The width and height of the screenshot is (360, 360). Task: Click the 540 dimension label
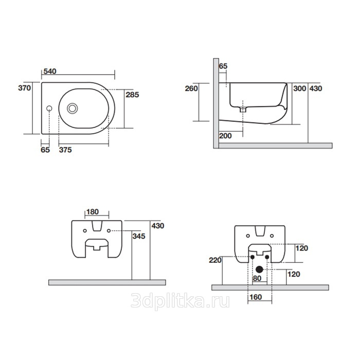[50, 71]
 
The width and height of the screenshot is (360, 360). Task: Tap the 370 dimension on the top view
[24, 88]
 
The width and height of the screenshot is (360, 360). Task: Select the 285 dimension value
[132, 95]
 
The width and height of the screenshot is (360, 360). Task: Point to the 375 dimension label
[65, 150]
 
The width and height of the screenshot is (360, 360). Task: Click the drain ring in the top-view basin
[73, 109]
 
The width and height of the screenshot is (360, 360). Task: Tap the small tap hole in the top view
[49, 109]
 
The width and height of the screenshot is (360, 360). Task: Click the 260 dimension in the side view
[191, 88]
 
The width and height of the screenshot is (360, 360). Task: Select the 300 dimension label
[300, 88]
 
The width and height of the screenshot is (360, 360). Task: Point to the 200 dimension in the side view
[225, 136]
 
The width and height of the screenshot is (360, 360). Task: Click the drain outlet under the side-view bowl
[243, 110]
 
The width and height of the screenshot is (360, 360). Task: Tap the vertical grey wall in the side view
[216, 103]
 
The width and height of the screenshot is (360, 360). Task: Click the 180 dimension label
[93, 212]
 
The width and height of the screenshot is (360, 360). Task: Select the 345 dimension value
[139, 236]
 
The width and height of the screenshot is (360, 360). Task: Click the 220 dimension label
[215, 260]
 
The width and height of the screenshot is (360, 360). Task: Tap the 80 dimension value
[257, 278]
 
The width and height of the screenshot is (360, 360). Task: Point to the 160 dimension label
[256, 297]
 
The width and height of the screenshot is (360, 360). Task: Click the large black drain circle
[259, 269]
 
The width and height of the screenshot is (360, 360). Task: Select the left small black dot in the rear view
[253, 257]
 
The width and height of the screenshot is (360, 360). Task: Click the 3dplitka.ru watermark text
[180, 301]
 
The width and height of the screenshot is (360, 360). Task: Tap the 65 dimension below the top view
[45, 150]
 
